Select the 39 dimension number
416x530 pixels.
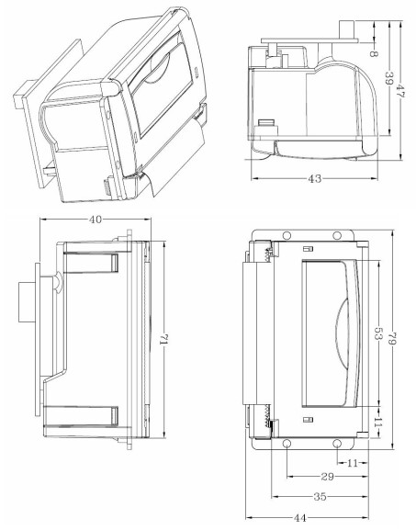click(x=390, y=79)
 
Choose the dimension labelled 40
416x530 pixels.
click(x=96, y=220)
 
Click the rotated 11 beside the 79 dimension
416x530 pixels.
click(x=377, y=421)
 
